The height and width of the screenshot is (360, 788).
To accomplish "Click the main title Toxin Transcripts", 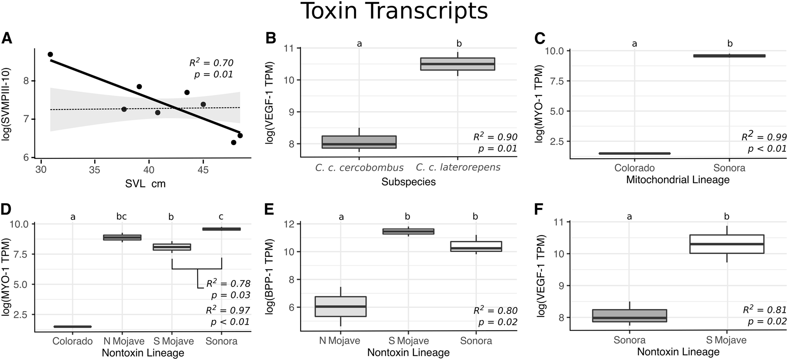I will [394, 12].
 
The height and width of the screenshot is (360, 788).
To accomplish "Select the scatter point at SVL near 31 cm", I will [50, 54].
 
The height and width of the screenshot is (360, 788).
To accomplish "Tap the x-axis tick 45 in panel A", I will [202, 170].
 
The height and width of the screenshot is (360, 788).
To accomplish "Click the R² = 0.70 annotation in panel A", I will [211, 63].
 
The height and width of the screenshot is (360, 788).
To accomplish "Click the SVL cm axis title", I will [145, 184].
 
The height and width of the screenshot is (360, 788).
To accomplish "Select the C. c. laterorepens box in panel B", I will [457, 64].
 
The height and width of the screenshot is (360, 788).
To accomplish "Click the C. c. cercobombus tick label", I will [359, 168].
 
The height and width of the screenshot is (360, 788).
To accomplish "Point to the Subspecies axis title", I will [408, 182].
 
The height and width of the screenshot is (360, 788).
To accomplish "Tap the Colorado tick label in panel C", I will [635, 168].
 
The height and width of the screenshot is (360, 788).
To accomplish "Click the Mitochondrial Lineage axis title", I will [678, 180].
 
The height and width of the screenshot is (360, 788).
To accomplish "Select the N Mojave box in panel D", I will [122, 237].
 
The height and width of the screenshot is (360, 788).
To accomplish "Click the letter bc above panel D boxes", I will [122, 216].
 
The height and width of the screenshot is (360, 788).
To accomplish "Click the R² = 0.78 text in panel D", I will [228, 284].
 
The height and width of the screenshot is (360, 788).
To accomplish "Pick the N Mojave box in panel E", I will [340, 306].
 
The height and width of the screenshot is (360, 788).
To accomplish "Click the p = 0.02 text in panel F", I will [767, 321].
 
